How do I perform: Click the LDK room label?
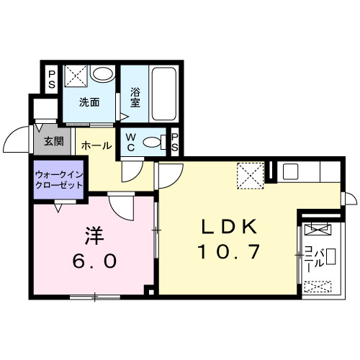(x=230, y=227)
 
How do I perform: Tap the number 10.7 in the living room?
(x=230, y=252)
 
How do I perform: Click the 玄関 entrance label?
(x=52, y=141)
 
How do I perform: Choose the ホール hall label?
(x=96, y=145)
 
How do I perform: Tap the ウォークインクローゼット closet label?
(x=59, y=178)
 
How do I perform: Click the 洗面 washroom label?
(x=89, y=102)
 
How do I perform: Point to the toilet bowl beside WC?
(x=153, y=142)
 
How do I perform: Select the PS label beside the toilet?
(x=174, y=141)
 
